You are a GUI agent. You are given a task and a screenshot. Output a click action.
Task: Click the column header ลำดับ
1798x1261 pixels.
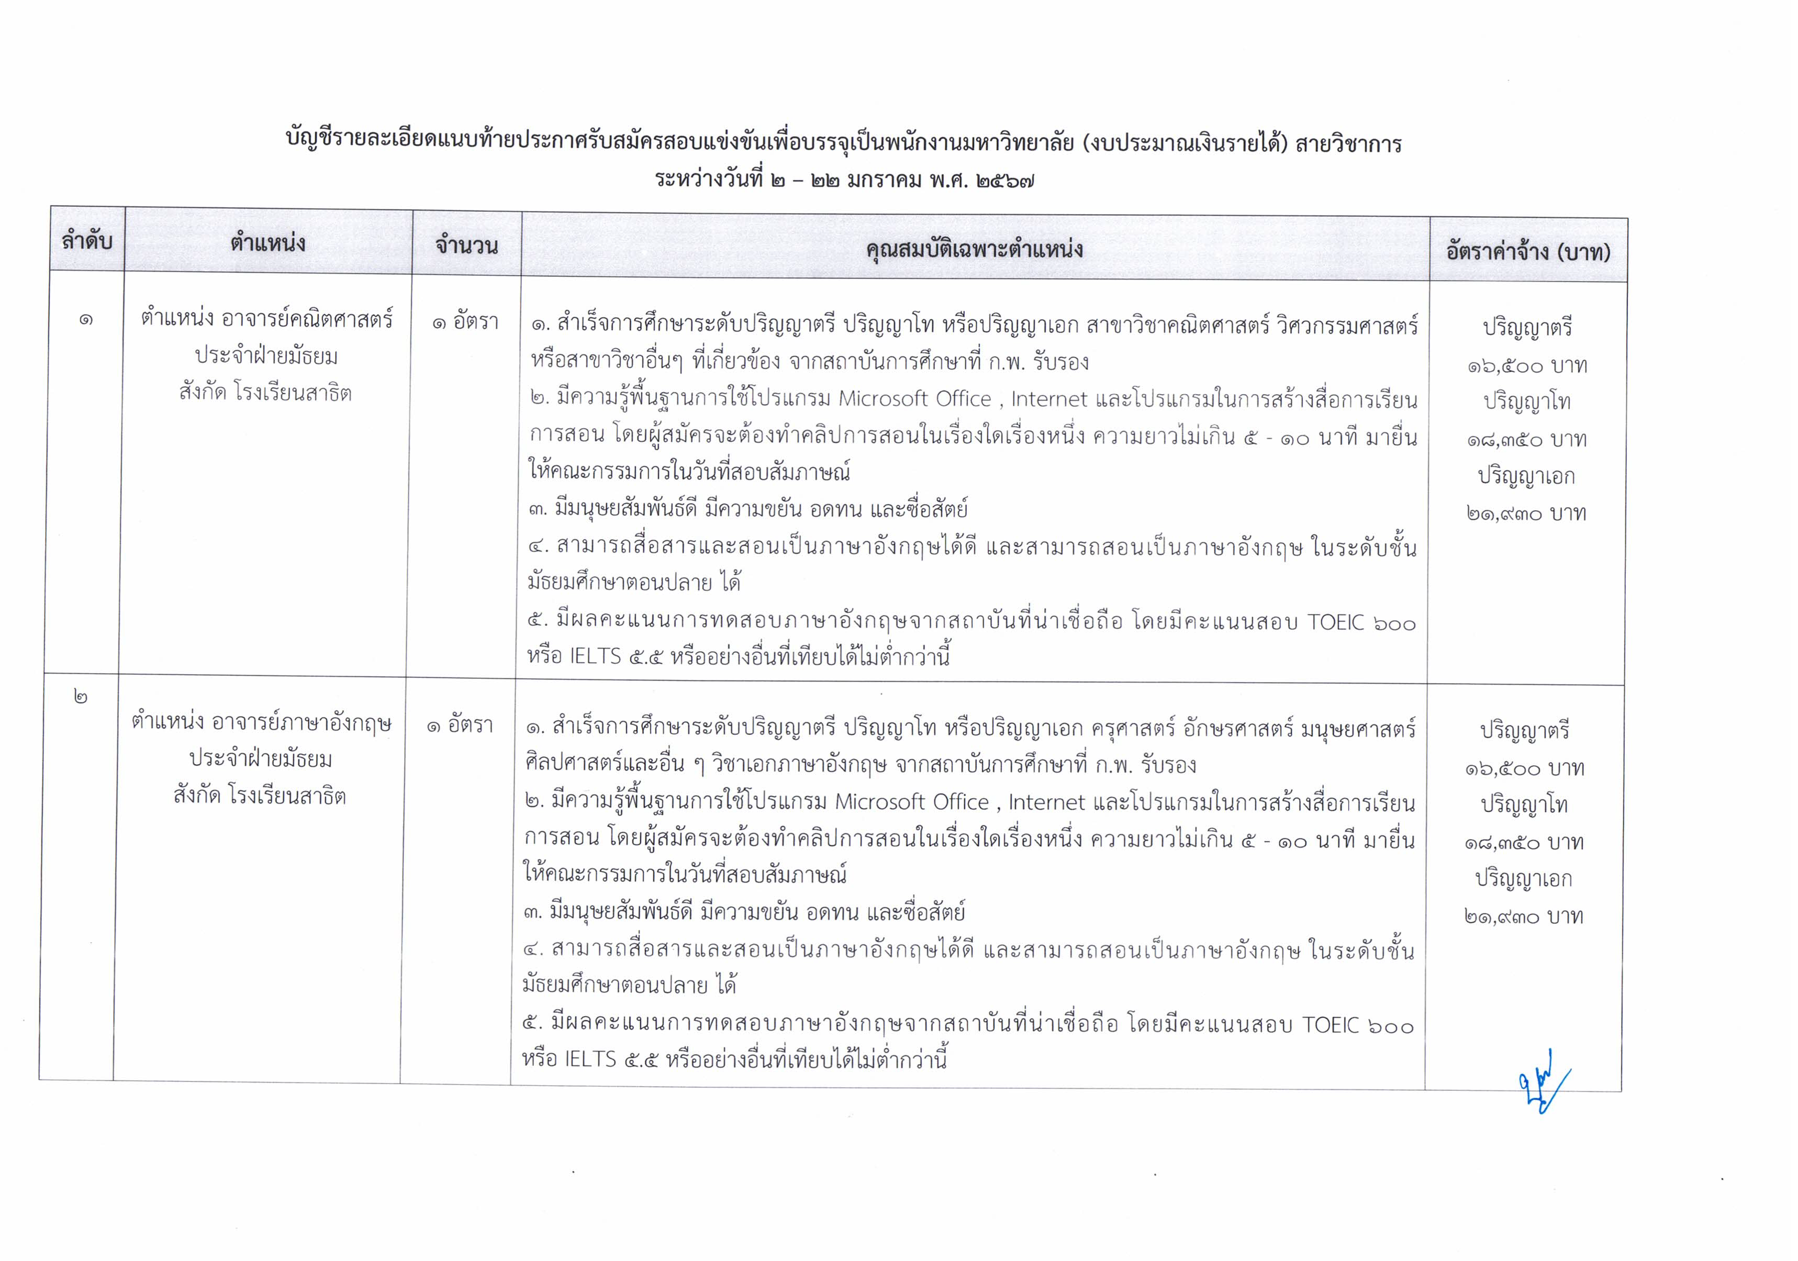(x=87, y=240)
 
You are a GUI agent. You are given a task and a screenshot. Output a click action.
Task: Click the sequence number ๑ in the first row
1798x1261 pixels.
(x=86, y=320)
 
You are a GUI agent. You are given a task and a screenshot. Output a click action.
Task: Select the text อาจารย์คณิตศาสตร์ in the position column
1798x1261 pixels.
(x=307, y=319)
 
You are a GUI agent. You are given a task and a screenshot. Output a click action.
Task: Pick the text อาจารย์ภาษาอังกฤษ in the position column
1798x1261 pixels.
(x=301, y=722)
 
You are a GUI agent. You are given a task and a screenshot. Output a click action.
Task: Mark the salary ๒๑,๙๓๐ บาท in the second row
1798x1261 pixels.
(x=1524, y=917)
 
